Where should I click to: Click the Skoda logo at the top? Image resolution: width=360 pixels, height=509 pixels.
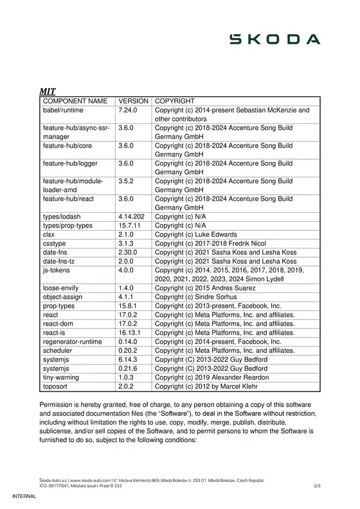coord(276,40)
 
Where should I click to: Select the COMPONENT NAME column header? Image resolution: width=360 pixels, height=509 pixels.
coord(75,102)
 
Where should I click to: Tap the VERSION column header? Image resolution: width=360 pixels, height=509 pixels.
coord(134,102)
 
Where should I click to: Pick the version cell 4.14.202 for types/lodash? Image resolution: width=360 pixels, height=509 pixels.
coord(132,217)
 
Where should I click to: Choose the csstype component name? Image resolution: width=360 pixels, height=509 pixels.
coord(54,244)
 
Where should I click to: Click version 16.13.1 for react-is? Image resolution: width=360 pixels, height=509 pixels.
coord(130,333)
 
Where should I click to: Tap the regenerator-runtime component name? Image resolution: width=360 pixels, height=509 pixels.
coord(72,342)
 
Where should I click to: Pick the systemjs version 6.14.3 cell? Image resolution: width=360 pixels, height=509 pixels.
coord(128,360)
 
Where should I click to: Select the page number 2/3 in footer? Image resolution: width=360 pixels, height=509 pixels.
coord(316,487)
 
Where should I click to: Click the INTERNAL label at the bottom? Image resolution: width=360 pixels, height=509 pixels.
coord(26,499)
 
